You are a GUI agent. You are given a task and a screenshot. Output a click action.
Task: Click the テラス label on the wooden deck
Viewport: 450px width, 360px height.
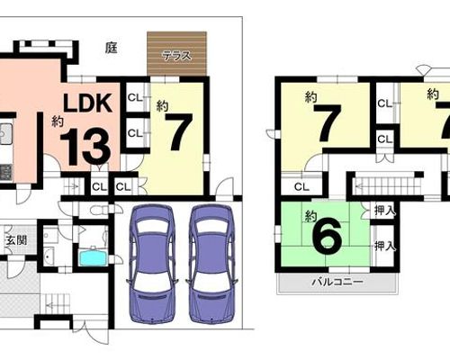(x=176, y=56)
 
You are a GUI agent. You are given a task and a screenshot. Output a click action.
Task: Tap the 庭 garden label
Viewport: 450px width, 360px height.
(x=111, y=48)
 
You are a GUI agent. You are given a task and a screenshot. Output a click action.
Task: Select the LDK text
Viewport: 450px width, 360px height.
(x=87, y=103)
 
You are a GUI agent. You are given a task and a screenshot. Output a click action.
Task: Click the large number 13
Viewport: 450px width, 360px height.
(x=85, y=148)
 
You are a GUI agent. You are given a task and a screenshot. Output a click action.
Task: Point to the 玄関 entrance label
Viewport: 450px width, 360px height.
(x=17, y=240)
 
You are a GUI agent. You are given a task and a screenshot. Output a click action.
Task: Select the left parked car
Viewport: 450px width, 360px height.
(x=152, y=264)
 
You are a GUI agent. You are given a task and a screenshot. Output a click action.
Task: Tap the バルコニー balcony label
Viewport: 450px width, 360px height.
(x=337, y=282)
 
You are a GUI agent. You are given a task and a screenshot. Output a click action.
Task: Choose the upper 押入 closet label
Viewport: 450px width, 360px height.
(x=385, y=211)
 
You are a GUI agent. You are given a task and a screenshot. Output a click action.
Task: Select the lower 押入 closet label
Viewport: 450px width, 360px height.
(x=385, y=247)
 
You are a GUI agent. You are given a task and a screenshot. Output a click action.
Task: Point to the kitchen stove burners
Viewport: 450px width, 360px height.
(x=5, y=172)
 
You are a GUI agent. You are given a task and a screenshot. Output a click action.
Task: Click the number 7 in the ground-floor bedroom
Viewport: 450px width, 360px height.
(x=180, y=132)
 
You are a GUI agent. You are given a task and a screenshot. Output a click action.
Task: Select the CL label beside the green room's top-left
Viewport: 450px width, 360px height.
(x=301, y=187)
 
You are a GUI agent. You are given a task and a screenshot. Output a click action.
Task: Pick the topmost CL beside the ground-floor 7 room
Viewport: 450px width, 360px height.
(x=135, y=97)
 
